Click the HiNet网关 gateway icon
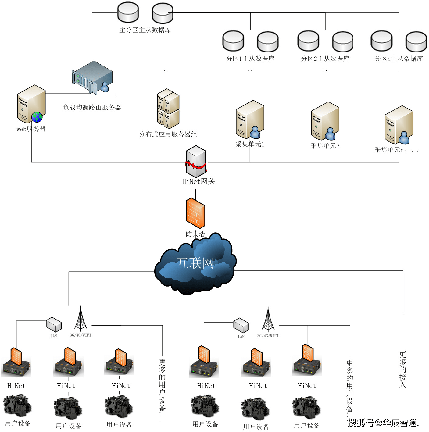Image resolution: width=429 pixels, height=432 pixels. pyautogui.click(x=196, y=161)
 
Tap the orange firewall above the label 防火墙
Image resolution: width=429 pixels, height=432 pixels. pyautogui.click(x=195, y=213)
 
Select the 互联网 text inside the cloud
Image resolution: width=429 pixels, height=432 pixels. pyautogui.click(x=195, y=263)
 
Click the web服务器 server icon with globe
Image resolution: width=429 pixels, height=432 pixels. pyautogui.click(x=31, y=104)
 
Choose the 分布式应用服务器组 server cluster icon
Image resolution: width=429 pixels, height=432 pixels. pyautogui.click(x=168, y=109)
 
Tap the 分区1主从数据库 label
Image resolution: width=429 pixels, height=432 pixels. pyautogui.click(x=250, y=59)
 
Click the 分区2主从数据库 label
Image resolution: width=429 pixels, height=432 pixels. pyautogui.click(x=325, y=59)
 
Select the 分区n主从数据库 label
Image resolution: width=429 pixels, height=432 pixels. pyautogui.click(x=399, y=59)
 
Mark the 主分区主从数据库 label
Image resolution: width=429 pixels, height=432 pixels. pyautogui.click(x=145, y=30)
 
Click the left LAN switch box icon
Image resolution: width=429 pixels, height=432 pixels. pyautogui.click(x=54, y=324)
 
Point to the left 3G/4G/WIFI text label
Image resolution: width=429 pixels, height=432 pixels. pyautogui.click(x=80, y=335)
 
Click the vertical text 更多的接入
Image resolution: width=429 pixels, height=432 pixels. pyautogui.click(x=403, y=369)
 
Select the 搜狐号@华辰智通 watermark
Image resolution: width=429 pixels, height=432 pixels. pyautogui.click(x=383, y=423)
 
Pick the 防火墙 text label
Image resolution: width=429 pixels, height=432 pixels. pyautogui.click(x=195, y=234)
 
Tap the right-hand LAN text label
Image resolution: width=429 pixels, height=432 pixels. pyautogui.click(x=241, y=337)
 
